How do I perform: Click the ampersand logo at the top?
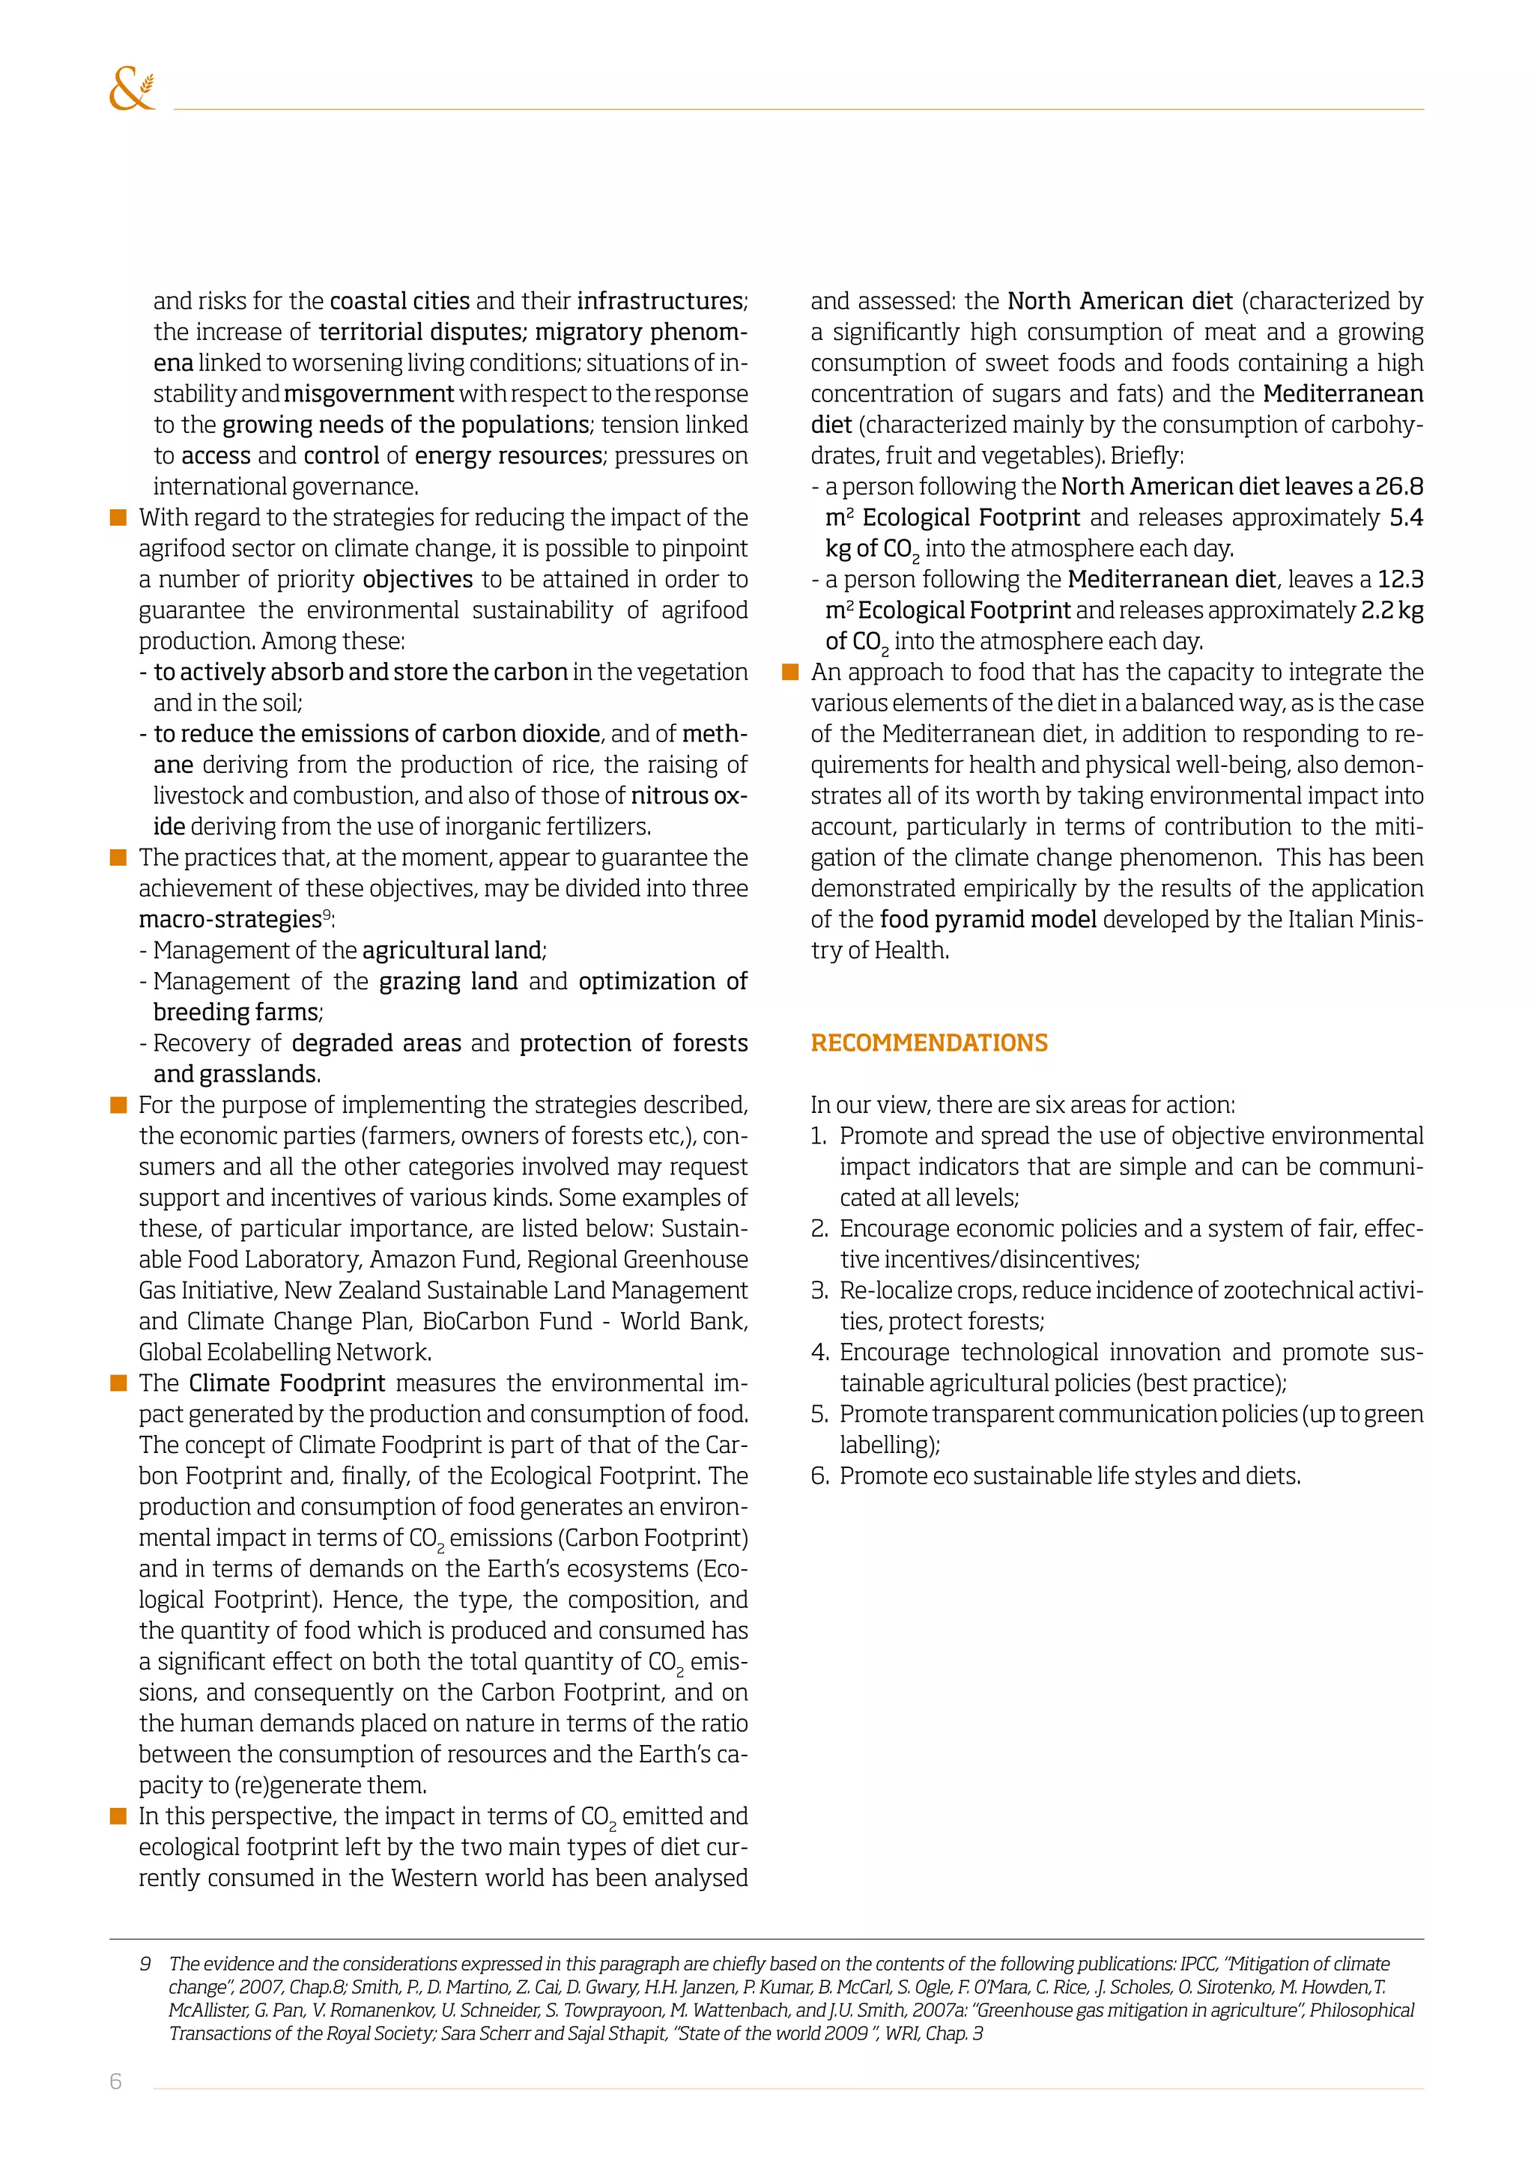(x=131, y=90)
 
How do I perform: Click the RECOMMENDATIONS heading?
(x=929, y=1043)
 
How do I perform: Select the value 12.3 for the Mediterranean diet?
(x=1400, y=579)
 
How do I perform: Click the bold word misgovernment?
(x=369, y=394)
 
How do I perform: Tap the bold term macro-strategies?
(x=229, y=919)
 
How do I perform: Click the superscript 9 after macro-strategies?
(x=327, y=914)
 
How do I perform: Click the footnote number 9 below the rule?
(x=145, y=1964)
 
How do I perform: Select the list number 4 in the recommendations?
(x=818, y=1353)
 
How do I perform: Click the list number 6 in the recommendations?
(x=818, y=1476)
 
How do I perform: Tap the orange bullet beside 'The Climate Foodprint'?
(x=118, y=1383)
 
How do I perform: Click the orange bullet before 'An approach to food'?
(x=791, y=672)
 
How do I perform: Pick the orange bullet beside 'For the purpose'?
(x=118, y=1105)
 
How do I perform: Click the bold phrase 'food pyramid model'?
(x=988, y=919)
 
